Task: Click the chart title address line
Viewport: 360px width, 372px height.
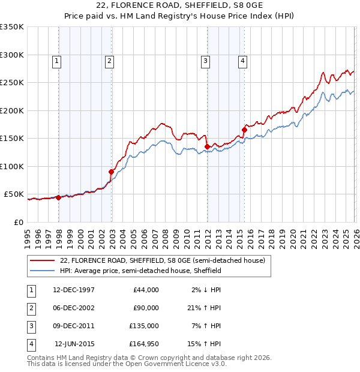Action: click(180, 6)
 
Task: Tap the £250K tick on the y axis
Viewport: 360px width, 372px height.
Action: click(12, 83)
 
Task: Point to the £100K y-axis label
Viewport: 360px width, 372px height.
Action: click(12, 166)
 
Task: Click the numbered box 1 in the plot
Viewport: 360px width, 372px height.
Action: click(56, 60)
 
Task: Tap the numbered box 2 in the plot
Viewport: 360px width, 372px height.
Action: click(109, 60)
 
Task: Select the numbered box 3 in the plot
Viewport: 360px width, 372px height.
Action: click(205, 60)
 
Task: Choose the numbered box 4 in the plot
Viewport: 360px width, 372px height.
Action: click(242, 60)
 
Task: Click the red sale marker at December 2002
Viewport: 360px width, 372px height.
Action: click(112, 172)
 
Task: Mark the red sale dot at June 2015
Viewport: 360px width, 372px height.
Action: click(244, 130)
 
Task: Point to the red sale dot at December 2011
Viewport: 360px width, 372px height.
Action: click(207, 146)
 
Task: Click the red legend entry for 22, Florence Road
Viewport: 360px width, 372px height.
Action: click(162, 261)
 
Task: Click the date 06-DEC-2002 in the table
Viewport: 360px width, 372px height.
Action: click(74, 308)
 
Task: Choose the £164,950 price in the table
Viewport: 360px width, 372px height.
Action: click(144, 344)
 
